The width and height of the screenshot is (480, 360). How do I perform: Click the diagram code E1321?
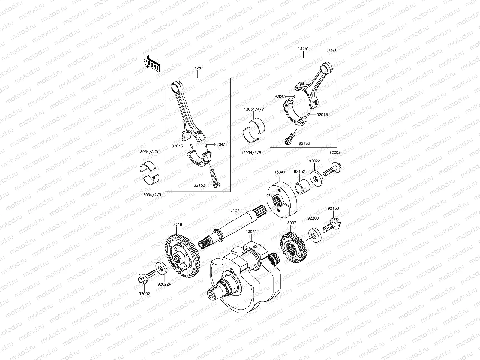(331, 50)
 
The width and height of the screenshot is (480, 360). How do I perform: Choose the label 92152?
(299, 172)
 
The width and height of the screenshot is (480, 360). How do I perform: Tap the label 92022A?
(164, 284)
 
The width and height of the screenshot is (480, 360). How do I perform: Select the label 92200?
(313, 218)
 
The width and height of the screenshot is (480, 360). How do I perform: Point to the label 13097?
(291, 223)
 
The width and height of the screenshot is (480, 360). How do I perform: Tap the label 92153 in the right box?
(304, 143)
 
